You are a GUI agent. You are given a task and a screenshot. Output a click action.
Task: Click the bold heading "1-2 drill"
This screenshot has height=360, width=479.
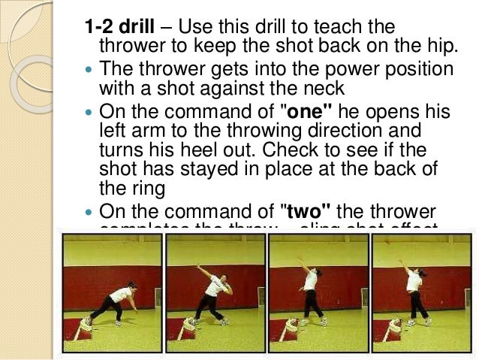(x=122, y=28)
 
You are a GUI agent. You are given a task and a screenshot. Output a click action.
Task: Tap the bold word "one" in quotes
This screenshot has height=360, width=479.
(x=306, y=113)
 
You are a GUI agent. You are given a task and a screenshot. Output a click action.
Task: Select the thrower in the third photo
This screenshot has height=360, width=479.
(x=310, y=289)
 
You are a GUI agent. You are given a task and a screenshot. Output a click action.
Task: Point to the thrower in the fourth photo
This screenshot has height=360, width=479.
(x=412, y=289)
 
